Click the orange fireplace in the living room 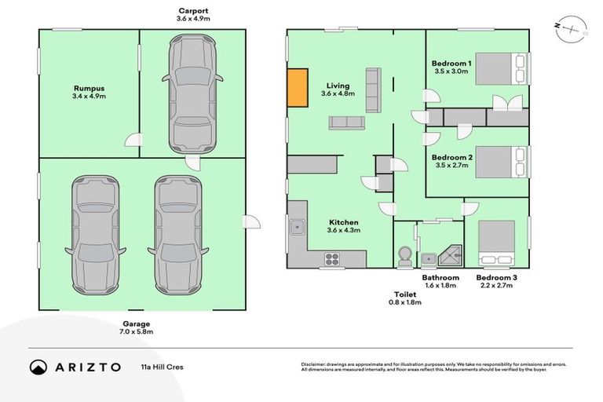pos(297,88)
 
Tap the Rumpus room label pos(88,89)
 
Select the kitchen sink pos(297,228)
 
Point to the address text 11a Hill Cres pos(162,367)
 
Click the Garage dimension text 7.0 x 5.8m pos(135,332)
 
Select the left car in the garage pos(95,232)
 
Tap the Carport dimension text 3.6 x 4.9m pos(192,17)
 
